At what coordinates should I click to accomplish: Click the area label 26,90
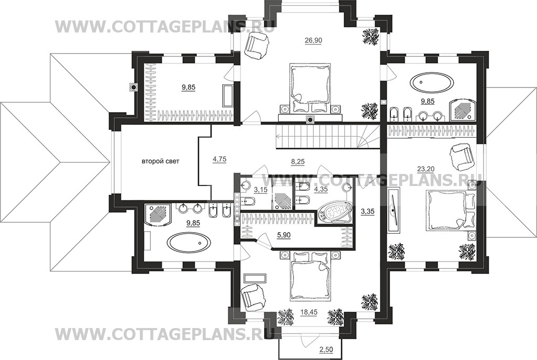pyautogui.click(x=313, y=40)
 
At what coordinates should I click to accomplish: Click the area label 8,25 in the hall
pyautogui.click(x=298, y=162)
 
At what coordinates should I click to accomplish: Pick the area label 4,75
pyautogui.click(x=220, y=159)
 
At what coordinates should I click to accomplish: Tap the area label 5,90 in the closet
pyautogui.click(x=283, y=235)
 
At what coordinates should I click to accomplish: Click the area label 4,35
pyautogui.click(x=321, y=189)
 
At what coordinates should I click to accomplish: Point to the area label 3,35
pyautogui.click(x=367, y=212)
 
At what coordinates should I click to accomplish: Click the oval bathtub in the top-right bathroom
pyautogui.click(x=432, y=83)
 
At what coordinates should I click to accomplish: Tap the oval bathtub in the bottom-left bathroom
pyautogui.click(x=189, y=242)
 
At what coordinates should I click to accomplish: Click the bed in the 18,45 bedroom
pyautogui.click(x=311, y=276)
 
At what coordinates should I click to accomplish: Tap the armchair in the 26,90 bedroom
pyautogui.click(x=256, y=45)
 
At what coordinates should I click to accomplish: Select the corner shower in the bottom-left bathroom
pyautogui.click(x=158, y=215)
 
